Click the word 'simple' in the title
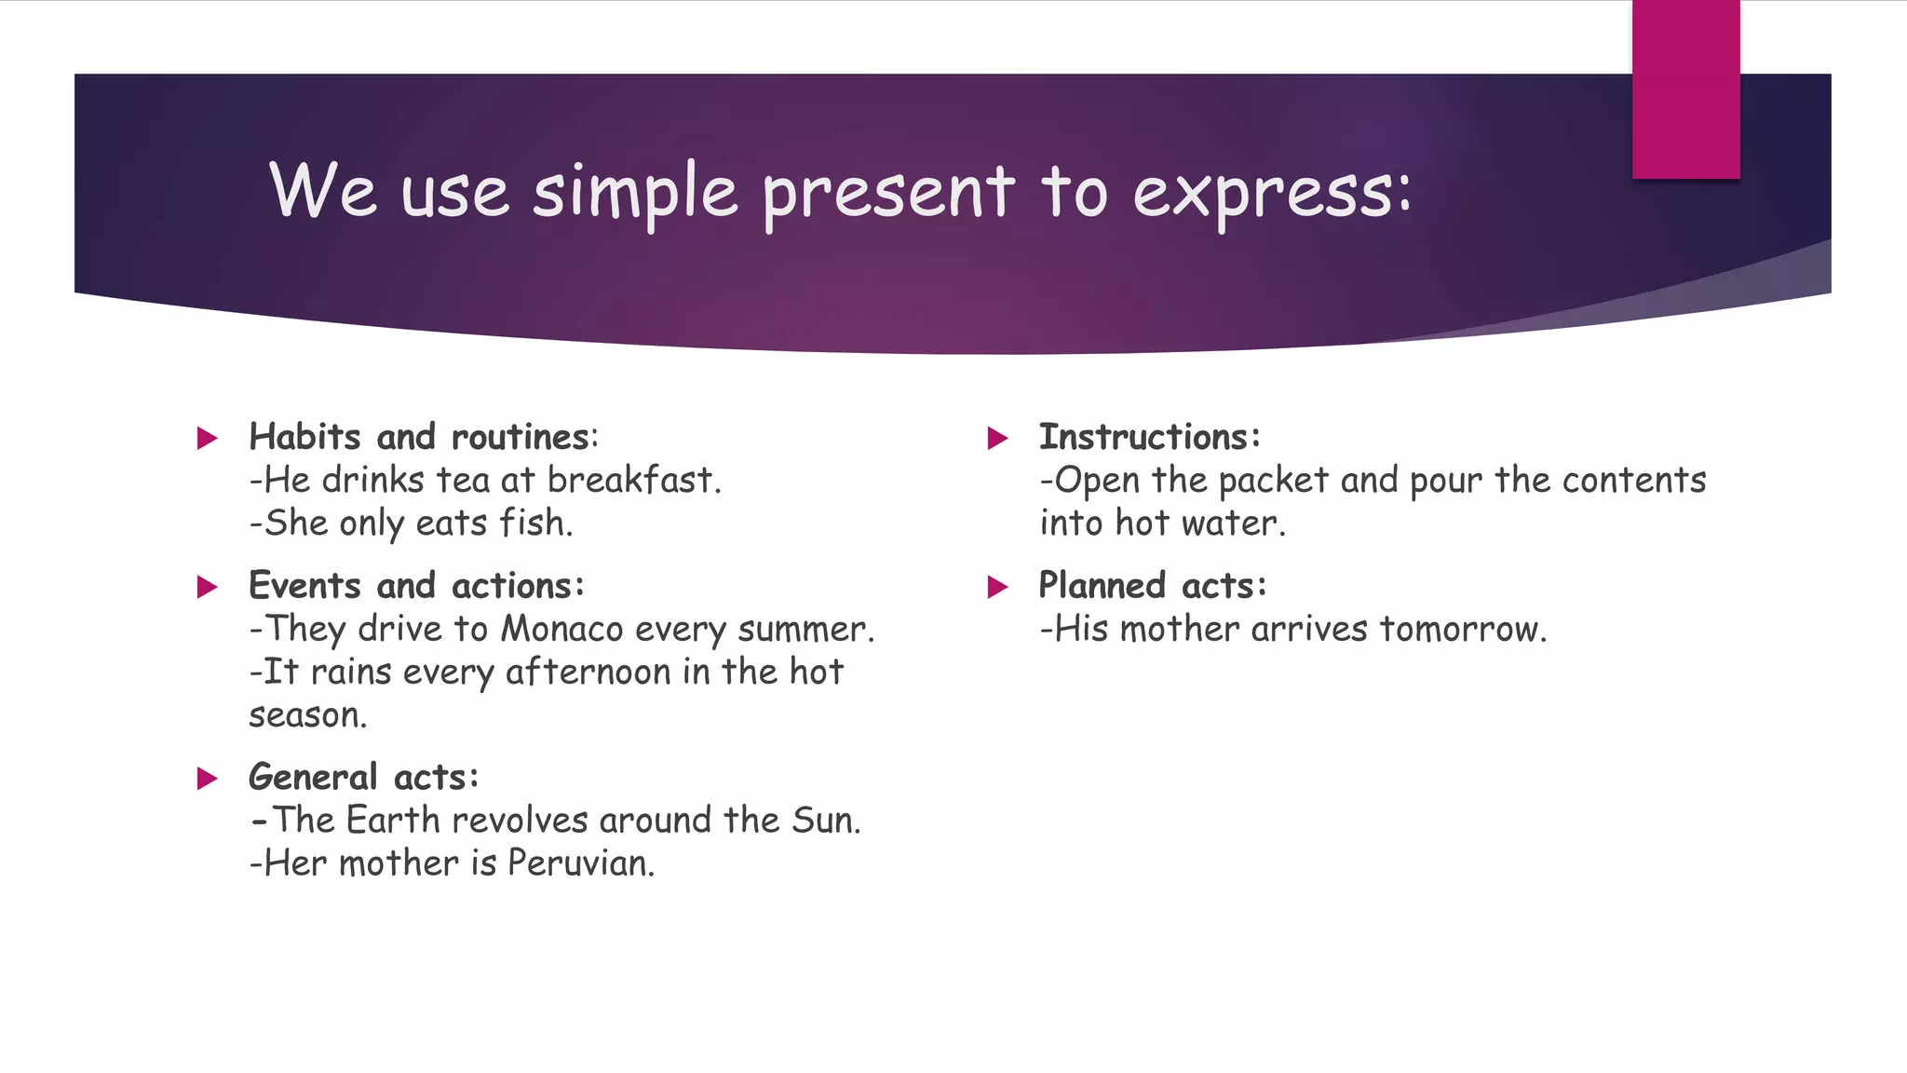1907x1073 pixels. coord(635,191)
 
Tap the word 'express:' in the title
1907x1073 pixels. coord(1272,193)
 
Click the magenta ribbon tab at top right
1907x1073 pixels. coord(1685,88)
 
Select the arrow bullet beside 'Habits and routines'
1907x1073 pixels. coord(208,438)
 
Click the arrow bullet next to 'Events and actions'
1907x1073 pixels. coord(208,587)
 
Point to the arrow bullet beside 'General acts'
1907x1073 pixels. coord(208,778)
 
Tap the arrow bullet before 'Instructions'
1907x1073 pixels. coord(997,438)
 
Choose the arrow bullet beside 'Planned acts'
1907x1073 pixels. coord(997,587)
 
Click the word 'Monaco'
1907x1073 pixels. coord(561,629)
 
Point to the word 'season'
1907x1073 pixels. coord(306,715)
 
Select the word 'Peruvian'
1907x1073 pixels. coord(579,863)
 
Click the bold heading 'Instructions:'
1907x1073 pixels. coord(1150,437)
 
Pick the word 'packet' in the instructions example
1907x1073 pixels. coord(1273,481)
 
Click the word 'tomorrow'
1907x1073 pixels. coord(1461,630)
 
